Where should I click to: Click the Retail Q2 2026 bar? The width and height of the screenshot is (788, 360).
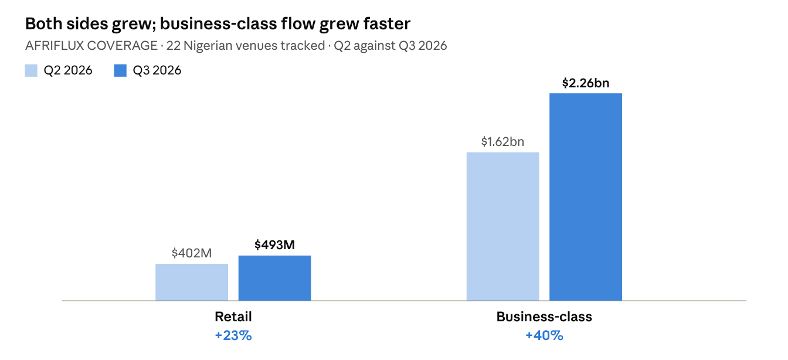(x=192, y=282)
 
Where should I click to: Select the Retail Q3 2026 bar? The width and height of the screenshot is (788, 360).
(x=275, y=278)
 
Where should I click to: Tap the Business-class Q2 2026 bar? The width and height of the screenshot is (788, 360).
(x=502, y=227)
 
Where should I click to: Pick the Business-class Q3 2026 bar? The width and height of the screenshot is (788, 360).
(x=586, y=197)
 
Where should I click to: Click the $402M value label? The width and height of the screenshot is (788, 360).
(x=192, y=253)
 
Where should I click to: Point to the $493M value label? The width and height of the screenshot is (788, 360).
(x=275, y=244)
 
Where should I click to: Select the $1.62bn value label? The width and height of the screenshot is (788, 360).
(x=502, y=141)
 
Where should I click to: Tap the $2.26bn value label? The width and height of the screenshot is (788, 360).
(x=586, y=83)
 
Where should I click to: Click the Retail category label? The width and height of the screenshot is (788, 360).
(x=233, y=317)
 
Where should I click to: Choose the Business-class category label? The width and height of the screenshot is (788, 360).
(x=544, y=317)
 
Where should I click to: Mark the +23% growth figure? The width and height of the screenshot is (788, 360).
(x=233, y=335)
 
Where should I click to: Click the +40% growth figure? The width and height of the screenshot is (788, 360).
(x=544, y=335)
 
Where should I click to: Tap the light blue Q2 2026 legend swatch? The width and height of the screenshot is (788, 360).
(x=31, y=70)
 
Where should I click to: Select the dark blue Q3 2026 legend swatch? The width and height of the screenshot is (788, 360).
(x=120, y=70)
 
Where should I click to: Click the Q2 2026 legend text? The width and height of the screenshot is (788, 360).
(x=68, y=70)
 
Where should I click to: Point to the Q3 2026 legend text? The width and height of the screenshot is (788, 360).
(x=157, y=70)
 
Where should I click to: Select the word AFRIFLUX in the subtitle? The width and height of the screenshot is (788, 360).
(x=55, y=46)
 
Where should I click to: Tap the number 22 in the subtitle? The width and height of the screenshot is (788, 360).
(x=173, y=46)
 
